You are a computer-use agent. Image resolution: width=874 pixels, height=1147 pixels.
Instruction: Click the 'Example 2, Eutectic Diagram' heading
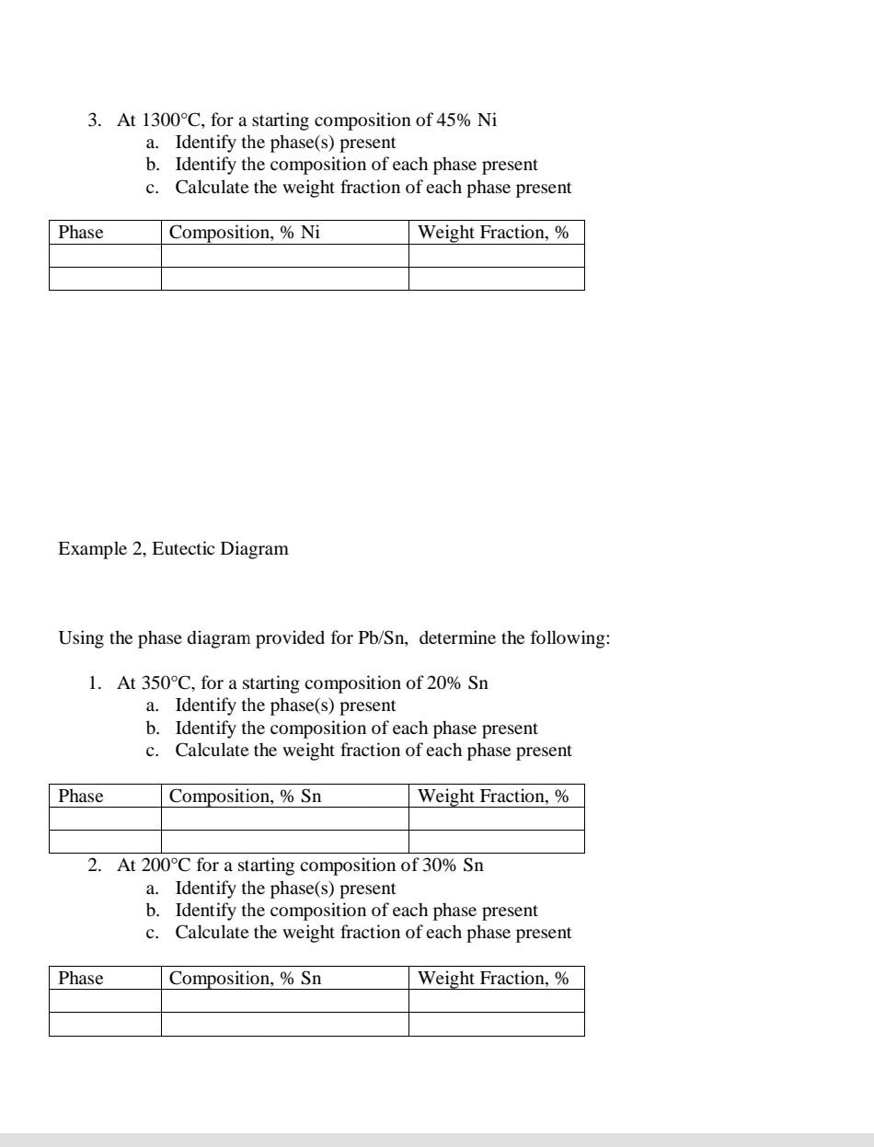click(x=173, y=549)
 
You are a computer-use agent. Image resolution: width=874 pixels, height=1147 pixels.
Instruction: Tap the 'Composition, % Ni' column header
click(x=244, y=233)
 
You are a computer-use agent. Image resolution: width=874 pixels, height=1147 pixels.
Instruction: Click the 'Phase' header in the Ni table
click(x=81, y=233)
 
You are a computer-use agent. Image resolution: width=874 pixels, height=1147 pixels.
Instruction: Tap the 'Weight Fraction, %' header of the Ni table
click(x=493, y=233)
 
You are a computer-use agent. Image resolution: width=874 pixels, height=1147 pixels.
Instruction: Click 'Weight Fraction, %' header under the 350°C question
click(x=493, y=797)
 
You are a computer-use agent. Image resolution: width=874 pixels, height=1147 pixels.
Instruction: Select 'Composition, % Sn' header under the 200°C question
click(x=245, y=979)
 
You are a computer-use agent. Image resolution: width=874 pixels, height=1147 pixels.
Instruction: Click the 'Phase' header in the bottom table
click(x=81, y=979)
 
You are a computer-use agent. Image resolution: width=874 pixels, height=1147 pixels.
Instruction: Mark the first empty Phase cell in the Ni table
click(x=105, y=256)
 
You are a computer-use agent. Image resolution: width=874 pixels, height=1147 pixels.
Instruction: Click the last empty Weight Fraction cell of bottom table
click(x=496, y=1025)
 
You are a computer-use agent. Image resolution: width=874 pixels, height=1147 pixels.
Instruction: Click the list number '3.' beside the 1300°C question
click(x=94, y=120)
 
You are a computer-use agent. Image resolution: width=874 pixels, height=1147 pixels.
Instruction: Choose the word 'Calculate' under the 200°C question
click(x=212, y=933)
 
